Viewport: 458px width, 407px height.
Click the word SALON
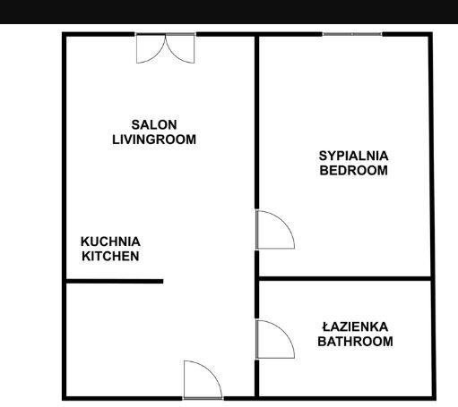click(x=154, y=124)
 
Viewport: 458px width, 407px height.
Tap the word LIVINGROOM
click(x=154, y=140)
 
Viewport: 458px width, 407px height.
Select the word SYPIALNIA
click(x=353, y=156)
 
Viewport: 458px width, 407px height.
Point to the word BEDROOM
click(x=353, y=170)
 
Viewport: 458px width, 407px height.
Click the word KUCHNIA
click(x=110, y=242)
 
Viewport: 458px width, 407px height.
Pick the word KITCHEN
click(x=110, y=256)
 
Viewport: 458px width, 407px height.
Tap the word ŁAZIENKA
click(x=355, y=326)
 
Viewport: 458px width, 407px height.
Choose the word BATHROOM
click(x=355, y=341)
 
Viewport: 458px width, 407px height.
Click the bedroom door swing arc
click(x=284, y=221)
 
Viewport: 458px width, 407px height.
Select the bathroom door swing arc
click(x=284, y=331)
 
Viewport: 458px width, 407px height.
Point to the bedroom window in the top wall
click(x=352, y=34)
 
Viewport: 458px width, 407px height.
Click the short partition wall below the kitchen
click(x=115, y=281)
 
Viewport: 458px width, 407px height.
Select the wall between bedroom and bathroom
click(x=345, y=278)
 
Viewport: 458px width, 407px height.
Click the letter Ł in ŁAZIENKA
click(x=326, y=326)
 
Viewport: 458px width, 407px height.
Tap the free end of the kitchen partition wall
click(x=163, y=281)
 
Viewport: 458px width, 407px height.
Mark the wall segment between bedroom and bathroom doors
click(x=256, y=284)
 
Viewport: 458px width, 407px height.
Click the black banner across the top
click(x=229, y=12)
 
